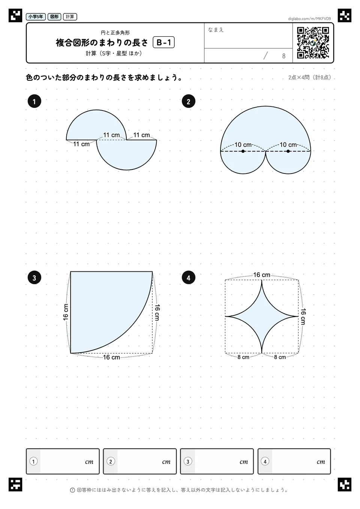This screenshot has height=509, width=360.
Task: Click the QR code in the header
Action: pos(313,43)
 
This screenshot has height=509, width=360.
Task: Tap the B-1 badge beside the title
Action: pos(163,42)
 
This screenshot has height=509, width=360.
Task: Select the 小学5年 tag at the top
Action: pos(36,16)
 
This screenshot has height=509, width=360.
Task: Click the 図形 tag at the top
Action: pos(54,16)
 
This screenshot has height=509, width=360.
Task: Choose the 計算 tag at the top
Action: pos(70,16)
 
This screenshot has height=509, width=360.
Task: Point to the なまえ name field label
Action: pos(216,30)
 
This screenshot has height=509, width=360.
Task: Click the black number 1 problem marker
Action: pos(34,101)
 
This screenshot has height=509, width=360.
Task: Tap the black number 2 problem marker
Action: pos(188,101)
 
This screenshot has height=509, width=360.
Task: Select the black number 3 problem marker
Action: pos(34,278)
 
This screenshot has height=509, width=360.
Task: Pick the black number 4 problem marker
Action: pos(188,278)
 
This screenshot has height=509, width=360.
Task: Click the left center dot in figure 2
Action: pos(243,151)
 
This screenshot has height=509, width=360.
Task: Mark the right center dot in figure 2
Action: pos(288,151)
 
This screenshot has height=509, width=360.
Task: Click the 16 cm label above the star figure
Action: pos(262,275)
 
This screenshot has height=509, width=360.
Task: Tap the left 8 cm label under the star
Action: pos(243,357)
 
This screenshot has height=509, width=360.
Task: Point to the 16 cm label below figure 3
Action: pos(111,357)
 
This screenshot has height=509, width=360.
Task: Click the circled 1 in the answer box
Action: pos(33,461)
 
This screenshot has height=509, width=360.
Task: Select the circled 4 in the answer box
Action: pos(265,461)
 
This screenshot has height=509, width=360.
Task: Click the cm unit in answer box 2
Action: pos(166,462)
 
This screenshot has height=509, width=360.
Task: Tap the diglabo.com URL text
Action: pos(309,19)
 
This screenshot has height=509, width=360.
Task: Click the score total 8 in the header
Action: pos(283,56)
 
